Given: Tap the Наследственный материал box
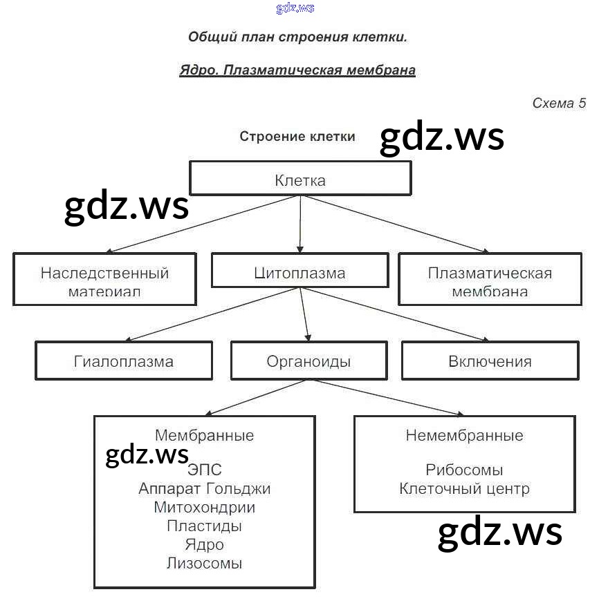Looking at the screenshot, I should click(x=104, y=280).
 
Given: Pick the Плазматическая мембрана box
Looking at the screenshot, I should click(x=490, y=280).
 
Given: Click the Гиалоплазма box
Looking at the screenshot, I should click(x=124, y=361).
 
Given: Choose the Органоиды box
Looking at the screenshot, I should click(x=308, y=361).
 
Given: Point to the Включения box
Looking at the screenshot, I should click(x=490, y=361).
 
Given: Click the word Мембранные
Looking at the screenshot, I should click(x=204, y=435).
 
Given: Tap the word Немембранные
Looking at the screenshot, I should click(x=464, y=435).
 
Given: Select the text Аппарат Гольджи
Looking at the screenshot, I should click(x=204, y=489).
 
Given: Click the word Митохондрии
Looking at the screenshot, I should click(x=204, y=507).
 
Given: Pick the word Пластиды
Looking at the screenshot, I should click(x=204, y=526).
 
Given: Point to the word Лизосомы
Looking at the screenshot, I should click(x=204, y=563).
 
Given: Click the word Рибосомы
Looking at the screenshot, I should click(x=464, y=470).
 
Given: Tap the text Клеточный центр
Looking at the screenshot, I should click(x=464, y=489).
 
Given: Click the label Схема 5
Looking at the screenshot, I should click(x=558, y=103).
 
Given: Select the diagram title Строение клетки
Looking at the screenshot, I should click(x=297, y=136).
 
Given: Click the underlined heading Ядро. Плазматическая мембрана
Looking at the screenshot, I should click(x=297, y=70).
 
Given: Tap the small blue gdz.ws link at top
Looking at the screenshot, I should click(x=295, y=8).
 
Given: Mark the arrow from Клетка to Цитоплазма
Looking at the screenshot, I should click(x=300, y=224).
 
